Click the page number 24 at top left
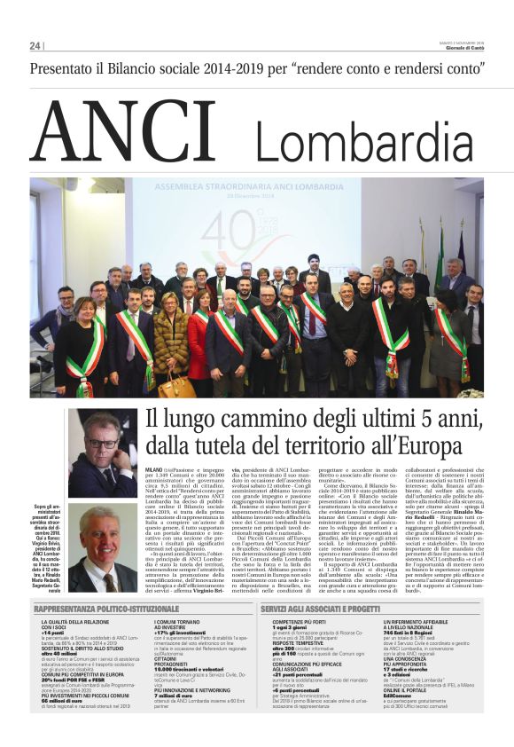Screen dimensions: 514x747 [35, 46]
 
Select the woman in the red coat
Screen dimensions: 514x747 [199, 342]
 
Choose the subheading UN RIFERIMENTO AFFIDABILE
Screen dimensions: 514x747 [424, 624]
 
